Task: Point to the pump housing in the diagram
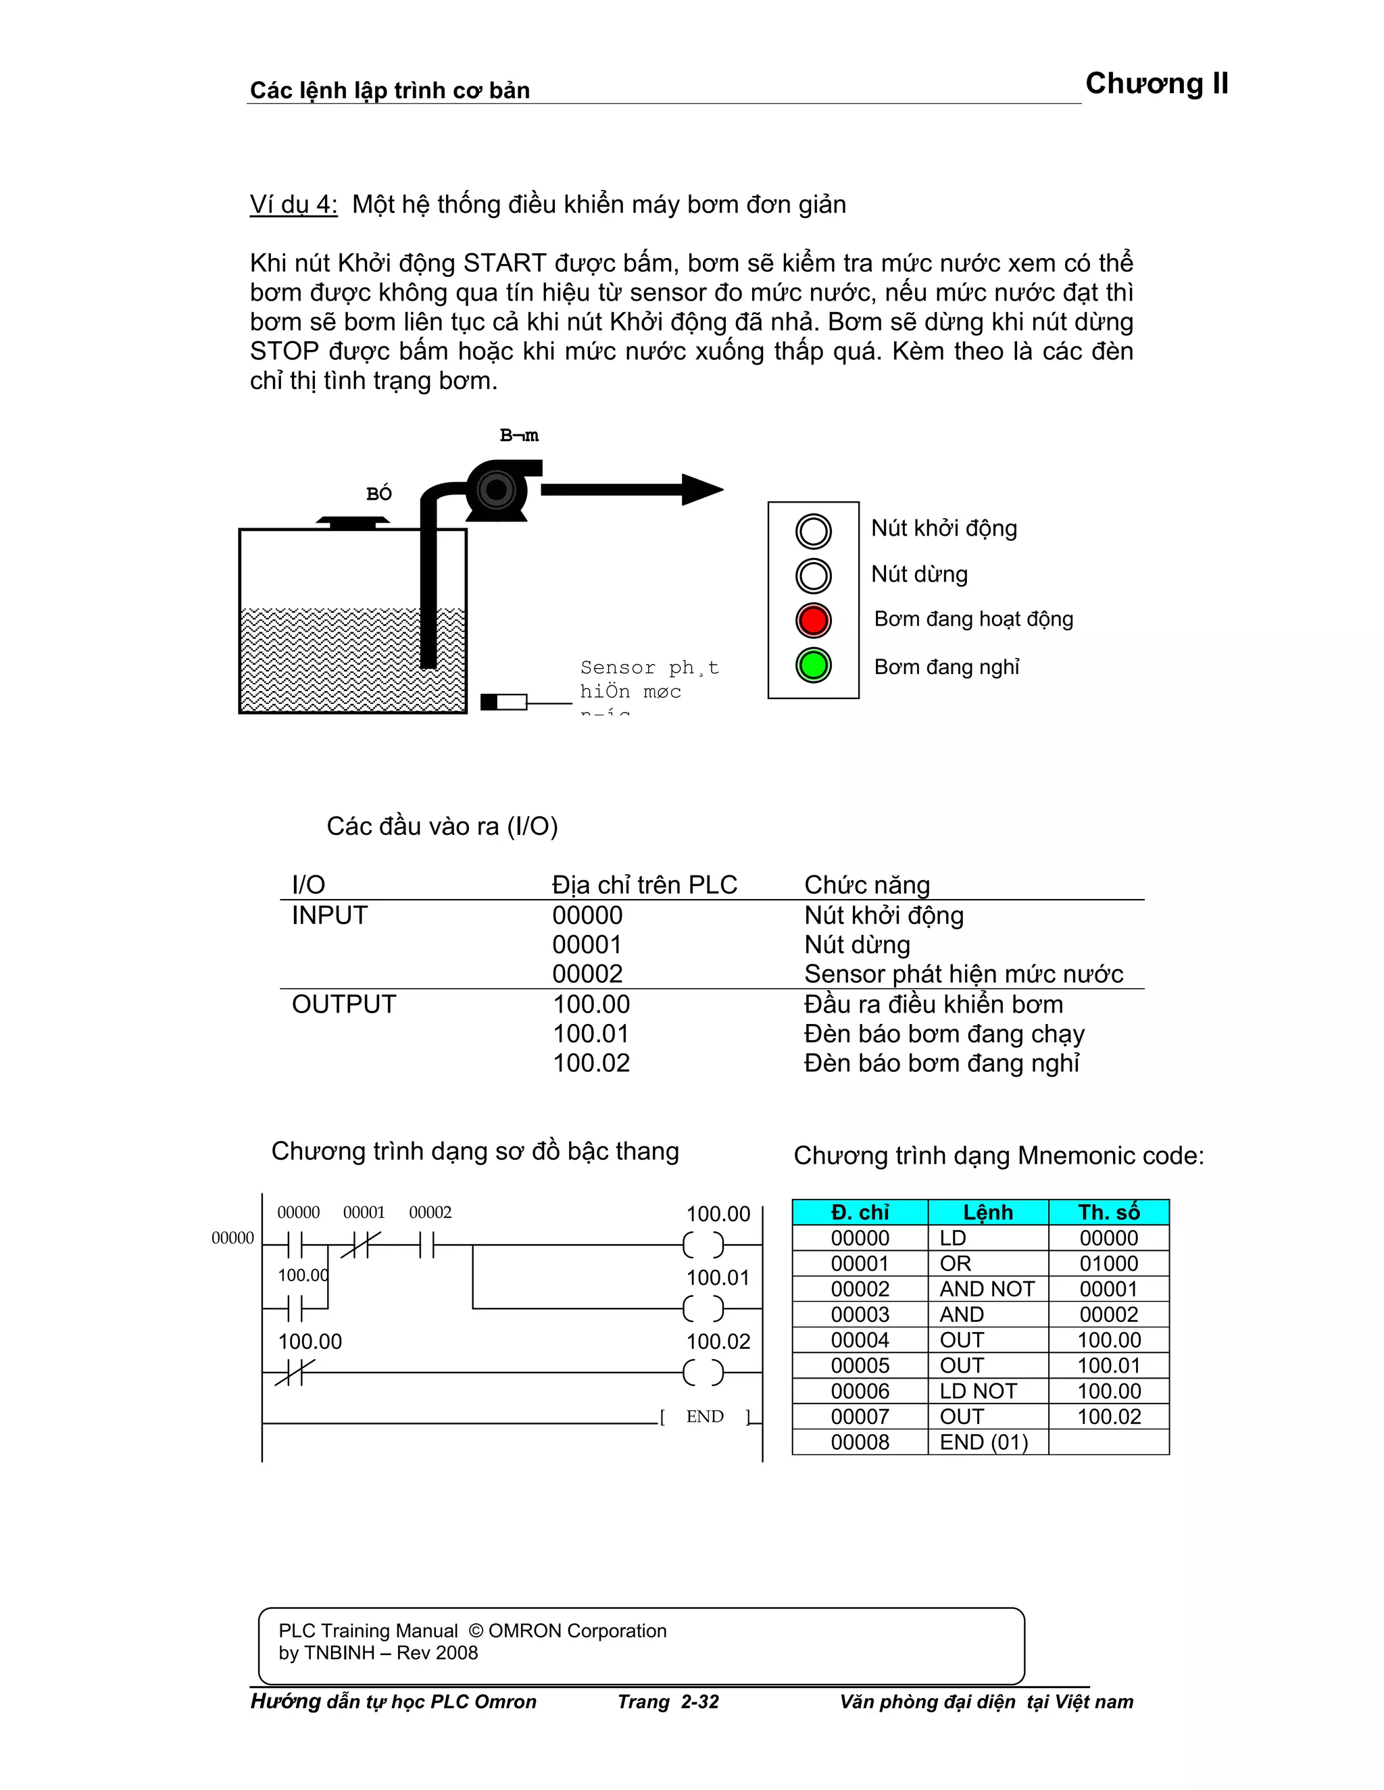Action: pos(496,491)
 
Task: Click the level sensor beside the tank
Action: pos(503,702)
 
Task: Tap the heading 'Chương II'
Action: pos(1156,84)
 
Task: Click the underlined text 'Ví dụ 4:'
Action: pos(293,204)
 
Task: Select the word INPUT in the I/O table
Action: pos(330,915)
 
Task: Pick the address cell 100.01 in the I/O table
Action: pos(591,1033)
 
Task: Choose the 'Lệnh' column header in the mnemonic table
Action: pos(987,1212)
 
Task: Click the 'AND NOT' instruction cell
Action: pos(987,1289)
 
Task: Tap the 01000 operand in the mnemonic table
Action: pos(1108,1264)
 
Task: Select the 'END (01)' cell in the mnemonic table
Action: pos(984,1443)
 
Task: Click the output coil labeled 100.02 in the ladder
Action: pos(703,1372)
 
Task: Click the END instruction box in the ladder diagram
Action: pos(704,1417)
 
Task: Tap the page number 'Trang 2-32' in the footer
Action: pos(668,1702)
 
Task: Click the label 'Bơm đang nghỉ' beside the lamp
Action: pos(946,667)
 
